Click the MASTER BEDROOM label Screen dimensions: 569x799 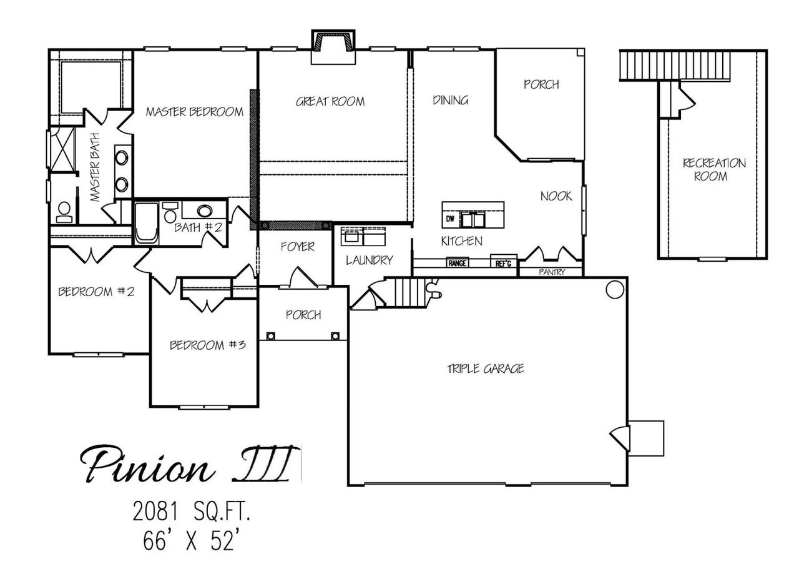[x=194, y=112]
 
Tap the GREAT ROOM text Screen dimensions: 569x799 [x=330, y=101]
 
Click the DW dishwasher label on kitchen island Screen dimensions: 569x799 [x=450, y=219]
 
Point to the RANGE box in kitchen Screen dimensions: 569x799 [x=457, y=264]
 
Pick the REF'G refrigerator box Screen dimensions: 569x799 [x=504, y=264]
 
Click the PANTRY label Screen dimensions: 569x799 [x=552, y=272]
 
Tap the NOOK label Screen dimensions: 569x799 [x=556, y=196]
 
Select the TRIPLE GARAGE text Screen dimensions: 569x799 [x=485, y=369]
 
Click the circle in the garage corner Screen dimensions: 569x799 [x=614, y=289]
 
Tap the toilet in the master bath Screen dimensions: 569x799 [x=64, y=211]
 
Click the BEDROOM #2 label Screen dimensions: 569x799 [x=96, y=291]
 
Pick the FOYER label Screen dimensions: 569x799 [x=297, y=247]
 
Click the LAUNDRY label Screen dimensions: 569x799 [x=370, y=260]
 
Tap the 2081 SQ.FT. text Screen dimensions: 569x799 [x=192, y=513]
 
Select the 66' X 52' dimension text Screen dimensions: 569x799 [x=191, y=542]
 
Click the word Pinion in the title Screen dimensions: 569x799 [x=150, y=465]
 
